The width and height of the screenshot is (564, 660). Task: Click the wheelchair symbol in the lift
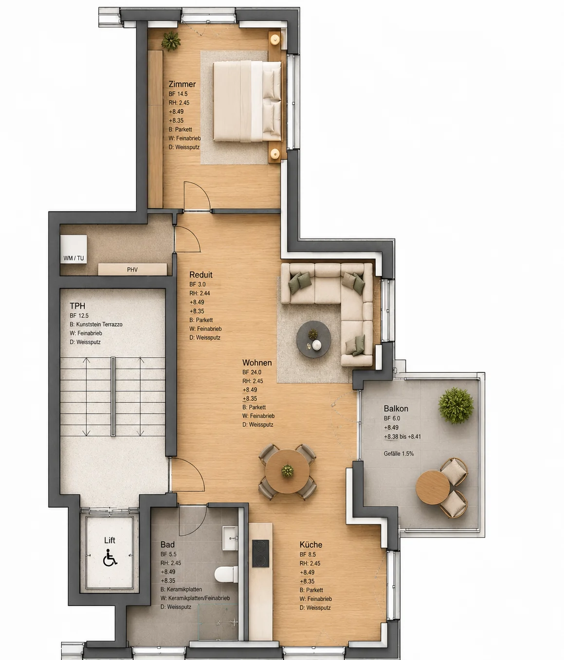coord(110,557)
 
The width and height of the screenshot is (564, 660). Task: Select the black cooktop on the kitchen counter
coord(260,554)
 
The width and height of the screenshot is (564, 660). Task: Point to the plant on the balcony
coord(456,406)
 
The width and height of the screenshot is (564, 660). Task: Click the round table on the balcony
coord(433,487)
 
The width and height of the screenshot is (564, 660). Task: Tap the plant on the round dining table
coord(288,470)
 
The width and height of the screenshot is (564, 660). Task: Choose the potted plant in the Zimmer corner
coord(171,41)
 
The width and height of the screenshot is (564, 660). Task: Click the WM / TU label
coord(73,258)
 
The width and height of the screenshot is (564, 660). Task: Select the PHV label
coord(132,270)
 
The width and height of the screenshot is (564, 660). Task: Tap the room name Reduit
coord(201,275)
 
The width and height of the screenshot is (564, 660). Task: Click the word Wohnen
coord(257,363)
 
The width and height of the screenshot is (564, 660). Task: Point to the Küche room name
coord(311,544)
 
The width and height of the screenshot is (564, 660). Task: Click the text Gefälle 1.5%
coord(399,453)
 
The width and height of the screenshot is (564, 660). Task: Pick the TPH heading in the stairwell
coord(77,306)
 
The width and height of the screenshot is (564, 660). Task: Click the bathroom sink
coord(230,538)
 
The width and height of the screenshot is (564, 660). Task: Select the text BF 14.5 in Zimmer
coord(178,94)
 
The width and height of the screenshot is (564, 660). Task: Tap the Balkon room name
coord(396,409)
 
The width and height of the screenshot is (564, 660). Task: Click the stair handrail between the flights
coord(113,397)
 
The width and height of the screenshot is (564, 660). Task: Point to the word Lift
coord(109,540)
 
